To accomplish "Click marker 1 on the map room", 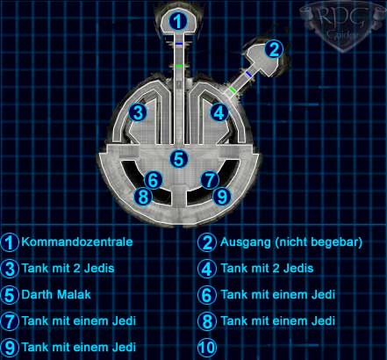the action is (178, 20).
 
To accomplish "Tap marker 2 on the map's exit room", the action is (274, 49).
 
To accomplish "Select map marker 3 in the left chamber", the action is (138, 112).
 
